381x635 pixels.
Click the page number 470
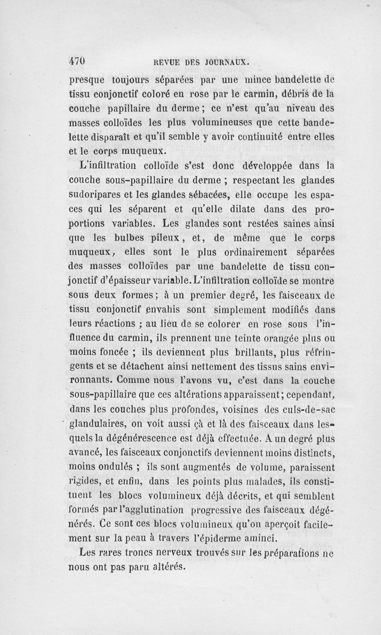76,61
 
